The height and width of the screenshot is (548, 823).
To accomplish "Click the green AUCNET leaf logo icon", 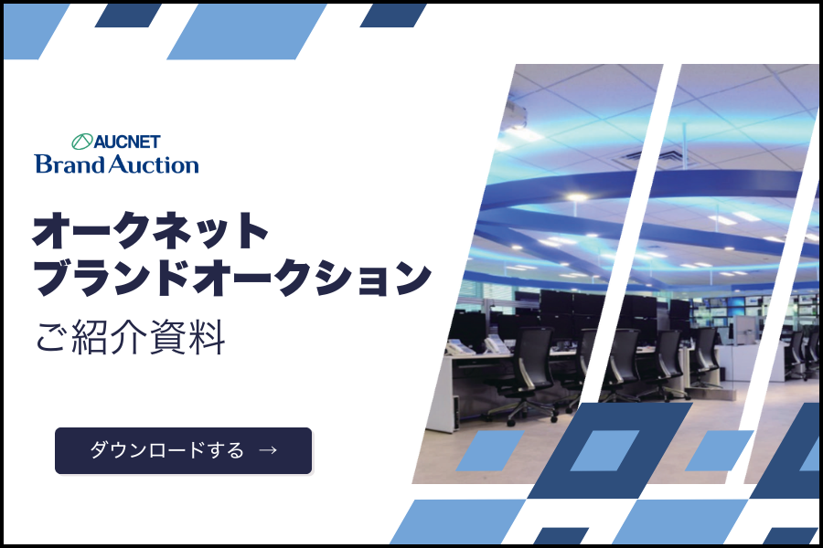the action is pyautogui.click(x=82, y=142).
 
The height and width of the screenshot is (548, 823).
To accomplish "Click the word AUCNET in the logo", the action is pyautogui.click(x=127, y=142).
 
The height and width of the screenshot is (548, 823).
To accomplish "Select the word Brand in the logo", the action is pyautogui.click(x=69, y=164).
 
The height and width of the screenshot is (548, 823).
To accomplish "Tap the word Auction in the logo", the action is pyautogui.click(x=154, y=164).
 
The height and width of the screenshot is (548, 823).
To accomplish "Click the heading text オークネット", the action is pyautogui.click(x=150, y=231).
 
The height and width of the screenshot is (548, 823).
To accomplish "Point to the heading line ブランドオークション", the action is pyautogui.click(x=232, y=278).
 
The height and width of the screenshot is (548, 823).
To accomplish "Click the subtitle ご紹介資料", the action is pyautogui.click(x=131, y=337).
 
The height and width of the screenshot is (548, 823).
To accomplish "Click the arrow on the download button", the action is pyautogui.click(x=268, y=450).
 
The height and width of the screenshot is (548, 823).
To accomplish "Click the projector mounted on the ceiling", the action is pyautogui.click(x=516, y=116).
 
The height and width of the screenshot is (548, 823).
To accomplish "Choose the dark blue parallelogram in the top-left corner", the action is pyautogui.click(x=129, y=16).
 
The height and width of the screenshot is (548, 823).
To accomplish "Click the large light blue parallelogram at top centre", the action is pyautogui.click(x=247, y=31).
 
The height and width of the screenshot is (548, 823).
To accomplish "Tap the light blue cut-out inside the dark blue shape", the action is pyautogui.click(x=604, y=450).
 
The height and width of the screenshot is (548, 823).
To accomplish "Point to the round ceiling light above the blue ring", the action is pyautogui.click(x=576, y=197).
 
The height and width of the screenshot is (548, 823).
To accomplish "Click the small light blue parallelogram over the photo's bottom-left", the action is pyautogui.click(x=489, y=450).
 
